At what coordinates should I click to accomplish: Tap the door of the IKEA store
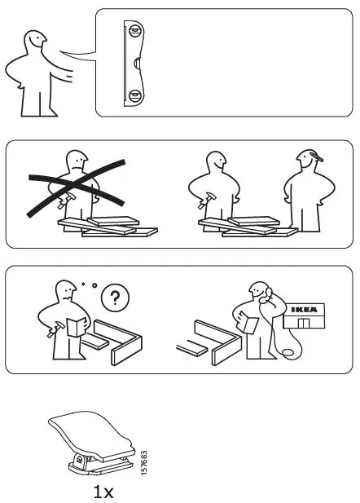pos(303,324)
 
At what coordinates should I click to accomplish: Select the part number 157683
pos(143,465)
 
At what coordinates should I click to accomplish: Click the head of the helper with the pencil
pos(306,161)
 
